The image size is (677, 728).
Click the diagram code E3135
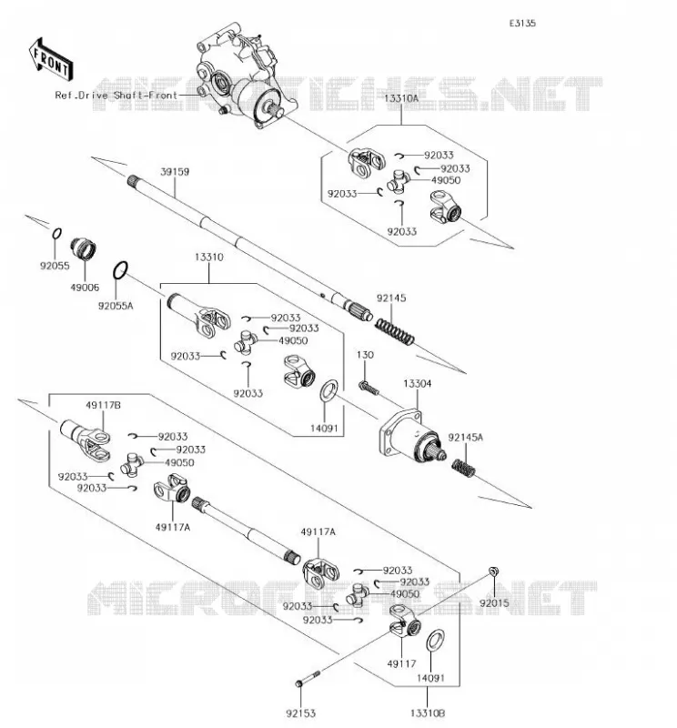[522, 24]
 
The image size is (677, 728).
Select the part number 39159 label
[175, 172]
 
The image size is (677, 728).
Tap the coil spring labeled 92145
[394, 331]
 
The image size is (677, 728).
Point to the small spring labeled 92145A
[463, 468]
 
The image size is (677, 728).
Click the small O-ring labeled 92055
[56, 233]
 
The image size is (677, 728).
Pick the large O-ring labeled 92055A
[120, 270]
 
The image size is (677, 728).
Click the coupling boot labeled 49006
[83, 249]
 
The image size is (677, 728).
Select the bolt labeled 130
[369, 388]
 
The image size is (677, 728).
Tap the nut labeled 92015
[493, 571]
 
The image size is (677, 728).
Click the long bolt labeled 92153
[308, 678]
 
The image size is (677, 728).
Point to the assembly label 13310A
[401, 98]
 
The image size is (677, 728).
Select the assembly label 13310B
[428, 713]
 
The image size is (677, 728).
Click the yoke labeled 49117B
[86, 440]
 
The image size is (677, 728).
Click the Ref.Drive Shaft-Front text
[116, 96]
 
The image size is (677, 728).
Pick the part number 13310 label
[209, 258]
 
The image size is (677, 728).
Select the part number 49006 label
[85, 288]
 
